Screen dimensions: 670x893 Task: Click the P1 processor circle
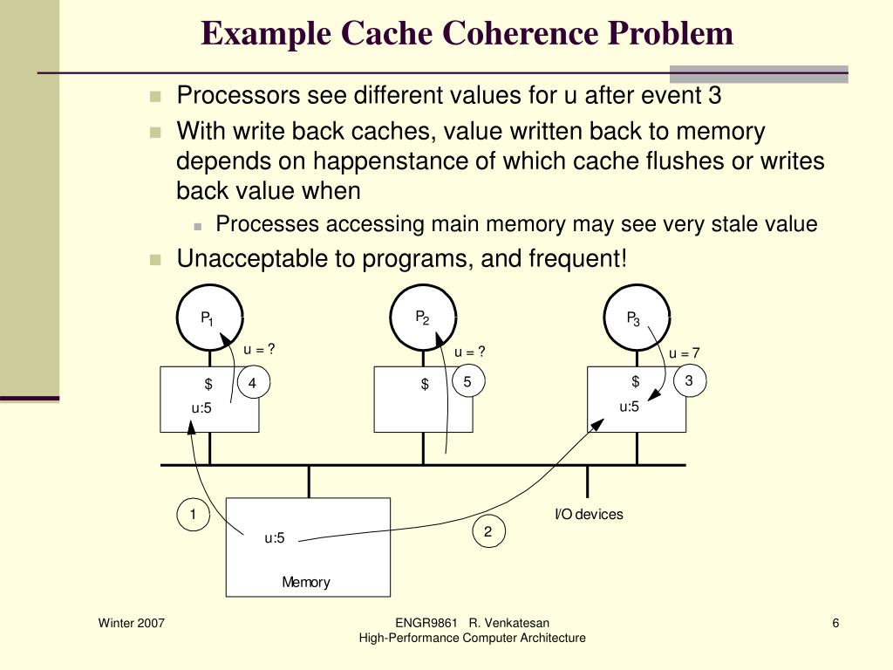pyautogui.click(x=208, y=318)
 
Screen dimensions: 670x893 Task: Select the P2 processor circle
pyautogui.click(x=423, y=318)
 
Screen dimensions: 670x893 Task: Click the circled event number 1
pyautogui.click(x=194, y=515)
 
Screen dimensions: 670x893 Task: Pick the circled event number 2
pyautogui.click(x=488, y=531)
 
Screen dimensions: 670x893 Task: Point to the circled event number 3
pyautogui.click(x=689, y=381)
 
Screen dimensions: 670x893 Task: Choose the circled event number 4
pyautogui.click(x=253, y=384)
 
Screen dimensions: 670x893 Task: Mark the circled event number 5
pyautogui.click(x=467, y=382)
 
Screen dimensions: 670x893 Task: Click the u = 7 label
pyautogui.click(x=685, y=353)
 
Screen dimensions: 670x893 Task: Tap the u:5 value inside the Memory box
pyautogui.click(x=275, y=538)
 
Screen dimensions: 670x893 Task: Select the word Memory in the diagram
pyautogui.click(x=306, y=582)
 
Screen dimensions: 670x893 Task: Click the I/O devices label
pyautogui.click(x=590, y=515)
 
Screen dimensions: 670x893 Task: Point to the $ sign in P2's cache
pyautogui.click(x=425, y=384)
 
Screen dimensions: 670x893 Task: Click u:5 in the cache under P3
pyautogui.click(x=630, y=407)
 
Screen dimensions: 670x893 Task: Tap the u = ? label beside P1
pyautogui.click(x=259, y=350)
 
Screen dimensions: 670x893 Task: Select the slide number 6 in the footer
pyautogui.click(x=835, y=623)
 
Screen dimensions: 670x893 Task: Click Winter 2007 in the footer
pyautogui.click(x=132, y=623)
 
